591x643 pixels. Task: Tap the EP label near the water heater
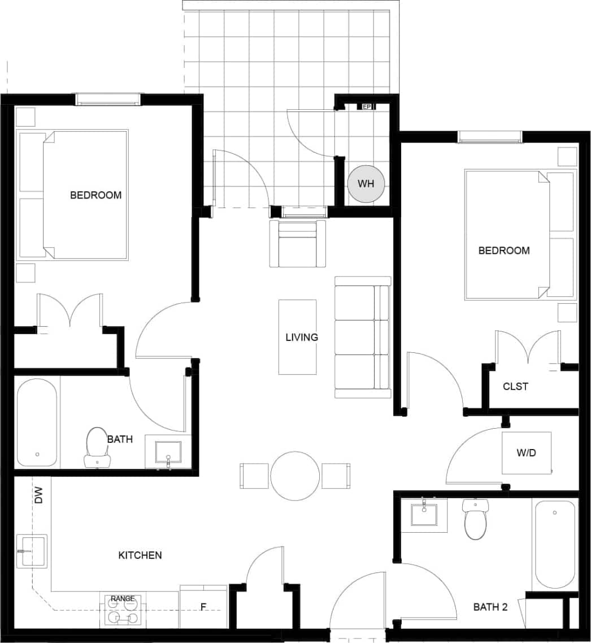366,106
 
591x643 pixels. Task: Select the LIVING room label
301,338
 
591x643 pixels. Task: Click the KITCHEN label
140,555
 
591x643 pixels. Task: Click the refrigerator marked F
203,607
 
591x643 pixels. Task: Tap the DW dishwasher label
38,496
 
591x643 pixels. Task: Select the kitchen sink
32,551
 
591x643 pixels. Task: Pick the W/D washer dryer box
527,453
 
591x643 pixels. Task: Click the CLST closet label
515,387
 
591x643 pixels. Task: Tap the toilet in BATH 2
475,520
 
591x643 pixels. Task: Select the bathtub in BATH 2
555,543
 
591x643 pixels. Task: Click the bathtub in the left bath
37,422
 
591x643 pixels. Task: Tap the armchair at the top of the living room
298,244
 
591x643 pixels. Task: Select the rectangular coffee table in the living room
297,337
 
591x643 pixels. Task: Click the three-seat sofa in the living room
362,337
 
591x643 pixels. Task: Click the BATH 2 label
490,607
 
